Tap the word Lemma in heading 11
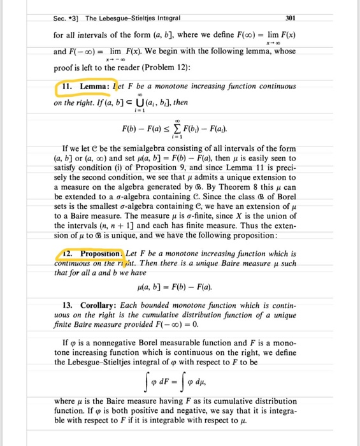coord(99,87)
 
